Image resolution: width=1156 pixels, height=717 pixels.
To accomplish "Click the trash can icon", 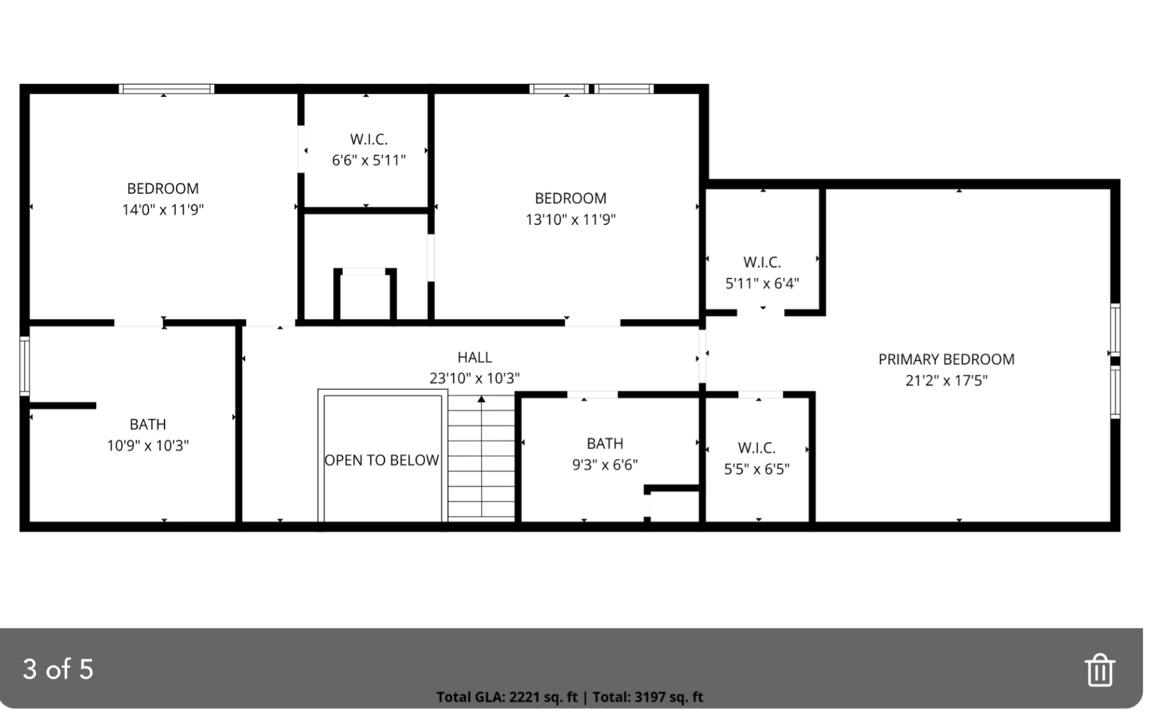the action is coord(1099,670).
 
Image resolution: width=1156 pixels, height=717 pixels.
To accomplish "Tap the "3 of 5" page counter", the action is coord(58,669).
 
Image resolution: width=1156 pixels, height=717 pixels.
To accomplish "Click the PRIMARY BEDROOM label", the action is coord(946,359).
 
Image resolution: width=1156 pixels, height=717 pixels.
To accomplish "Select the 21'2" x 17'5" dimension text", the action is coord(946,380).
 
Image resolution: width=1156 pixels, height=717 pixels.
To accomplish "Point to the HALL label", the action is coord(474,357).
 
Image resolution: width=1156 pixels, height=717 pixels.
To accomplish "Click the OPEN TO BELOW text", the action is coord(382,460).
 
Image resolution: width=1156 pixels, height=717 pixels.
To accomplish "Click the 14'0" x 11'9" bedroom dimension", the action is coord(163,210).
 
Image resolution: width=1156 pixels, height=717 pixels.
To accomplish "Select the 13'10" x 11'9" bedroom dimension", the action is coord(571,219).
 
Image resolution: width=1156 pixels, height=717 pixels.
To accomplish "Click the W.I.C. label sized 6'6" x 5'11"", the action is coord(368,139).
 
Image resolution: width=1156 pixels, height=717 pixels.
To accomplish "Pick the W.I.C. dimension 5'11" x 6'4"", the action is coord(762,283).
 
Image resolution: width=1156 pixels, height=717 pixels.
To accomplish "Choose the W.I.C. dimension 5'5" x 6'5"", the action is coord(757,469).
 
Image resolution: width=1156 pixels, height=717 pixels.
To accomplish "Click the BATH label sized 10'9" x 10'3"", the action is coord(148,425).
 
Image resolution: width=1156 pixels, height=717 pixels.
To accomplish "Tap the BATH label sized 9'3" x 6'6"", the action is coord(605,444).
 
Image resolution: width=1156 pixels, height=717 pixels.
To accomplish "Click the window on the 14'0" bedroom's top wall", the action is coord(166,89).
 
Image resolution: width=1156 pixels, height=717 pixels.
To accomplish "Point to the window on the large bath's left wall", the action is coord(25,366).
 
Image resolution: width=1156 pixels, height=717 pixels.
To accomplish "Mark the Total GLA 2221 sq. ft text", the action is coord(507,697).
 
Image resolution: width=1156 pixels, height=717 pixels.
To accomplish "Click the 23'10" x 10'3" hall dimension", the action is coord(474,378).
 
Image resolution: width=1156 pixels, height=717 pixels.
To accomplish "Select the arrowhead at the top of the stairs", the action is coord(481,399).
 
